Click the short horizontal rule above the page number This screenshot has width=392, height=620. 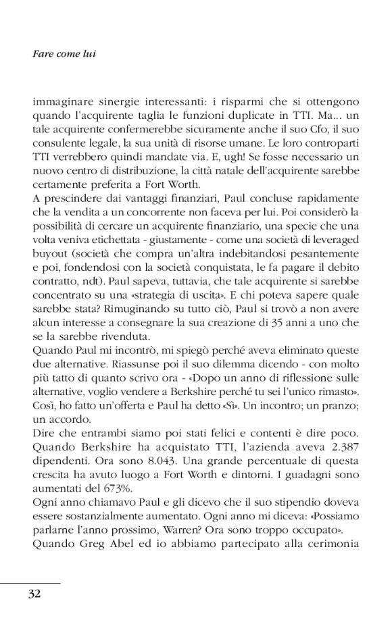coord(30,582)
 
